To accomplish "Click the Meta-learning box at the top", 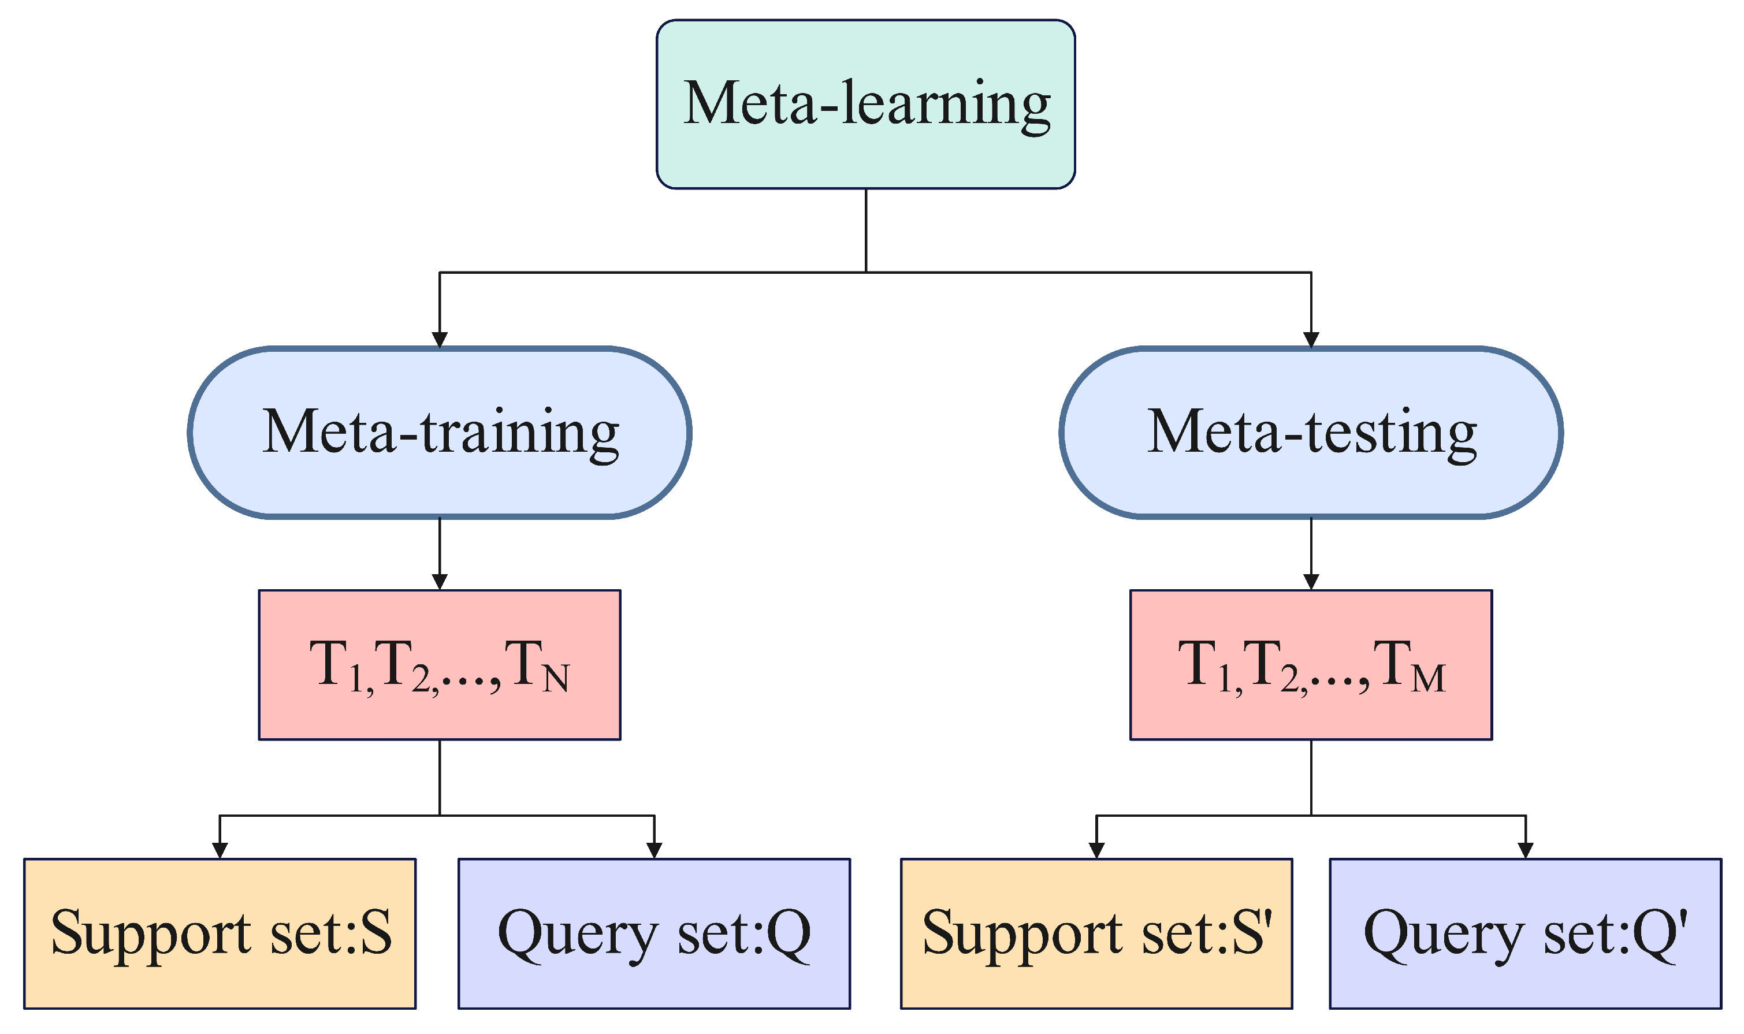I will pyautogui.click(x=865, y=105).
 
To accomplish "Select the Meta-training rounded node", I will pyautogui.click(x=440, y=433).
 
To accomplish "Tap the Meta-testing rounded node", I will pyautogui.click(x=1311, y=433).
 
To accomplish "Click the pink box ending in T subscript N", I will pyautogui.click(x=440, y=665).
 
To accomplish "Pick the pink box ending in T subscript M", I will pyautogui.click(x=1311, y=665).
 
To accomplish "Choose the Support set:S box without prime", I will pyautogui.click(x=220, y=933).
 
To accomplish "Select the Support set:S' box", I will pyautogui.click(x=1096, y=933).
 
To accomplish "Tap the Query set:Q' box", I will pyautogui.click(x=1525, y=933).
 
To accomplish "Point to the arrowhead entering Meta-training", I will pyautogui.click(x=440, y=339).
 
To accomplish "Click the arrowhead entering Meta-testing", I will pyautogui.click(x=1311, y=339).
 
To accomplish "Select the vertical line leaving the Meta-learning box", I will pyautogui.click(x=865, y=230).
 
